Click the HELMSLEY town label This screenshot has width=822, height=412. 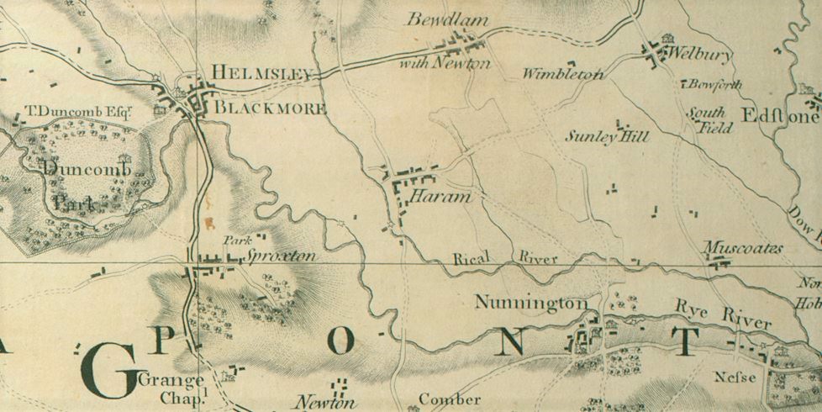tap(261, 74)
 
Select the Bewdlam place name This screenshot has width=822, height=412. tap(436, 19)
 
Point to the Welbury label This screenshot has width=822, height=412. tap(698, 55)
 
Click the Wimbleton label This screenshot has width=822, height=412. tap(562, 74)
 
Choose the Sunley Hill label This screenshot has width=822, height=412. tap(606, 136)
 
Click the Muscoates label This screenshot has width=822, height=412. tap(742, 248)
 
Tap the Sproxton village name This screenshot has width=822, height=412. tap(282, 256)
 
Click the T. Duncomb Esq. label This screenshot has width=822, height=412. tap(81, 110)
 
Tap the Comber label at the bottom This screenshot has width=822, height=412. tap(450, 399)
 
